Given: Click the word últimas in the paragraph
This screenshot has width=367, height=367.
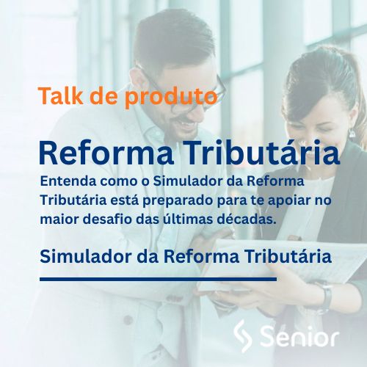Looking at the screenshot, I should (195, 218).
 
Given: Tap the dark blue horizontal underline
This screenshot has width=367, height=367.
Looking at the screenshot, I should (158, 279).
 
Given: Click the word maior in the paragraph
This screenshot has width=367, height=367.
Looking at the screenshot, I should (57, 218).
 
